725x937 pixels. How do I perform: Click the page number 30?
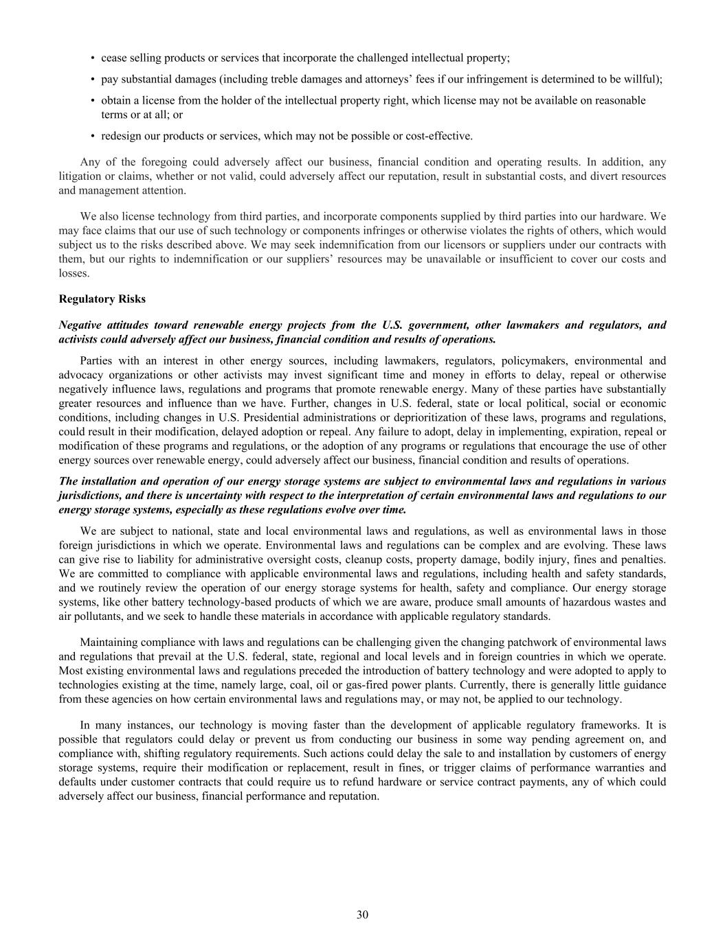(362, 914)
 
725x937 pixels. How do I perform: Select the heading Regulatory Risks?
(102, 299)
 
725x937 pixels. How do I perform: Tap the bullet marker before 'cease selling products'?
(93, 58)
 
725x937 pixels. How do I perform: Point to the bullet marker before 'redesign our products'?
(93, 136)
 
